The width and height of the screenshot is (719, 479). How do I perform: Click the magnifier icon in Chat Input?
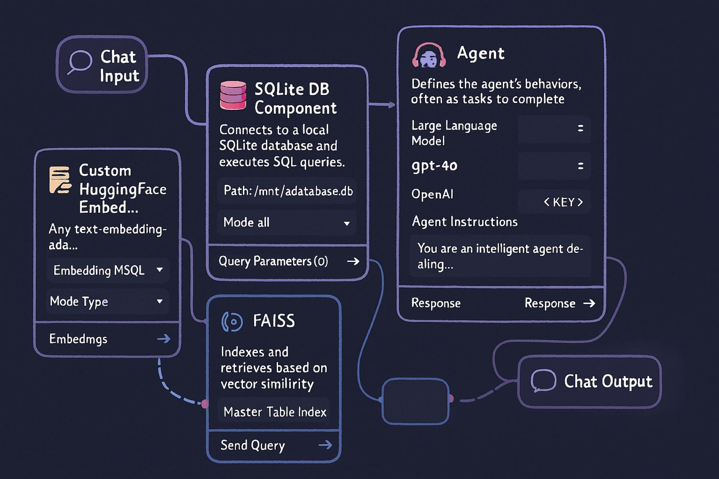pos(79,62)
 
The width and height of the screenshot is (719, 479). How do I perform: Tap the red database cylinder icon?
pos(233,95)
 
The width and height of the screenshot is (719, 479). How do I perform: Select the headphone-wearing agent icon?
pos(429,56)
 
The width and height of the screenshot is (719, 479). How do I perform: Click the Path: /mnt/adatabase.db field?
pos(288,191)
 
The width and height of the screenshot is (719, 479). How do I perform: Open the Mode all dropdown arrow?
pos(346,223)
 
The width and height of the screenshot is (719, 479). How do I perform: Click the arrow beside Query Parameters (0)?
pos(353,261)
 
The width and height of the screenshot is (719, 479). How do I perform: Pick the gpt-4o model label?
pos(434,165)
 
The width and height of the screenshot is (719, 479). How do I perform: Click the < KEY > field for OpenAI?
pos(563,202)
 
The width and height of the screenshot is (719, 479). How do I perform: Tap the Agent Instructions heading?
pos(464,222)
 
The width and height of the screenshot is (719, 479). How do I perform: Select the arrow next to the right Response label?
pos(589,303)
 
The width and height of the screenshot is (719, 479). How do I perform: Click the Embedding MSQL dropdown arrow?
pos(160,270)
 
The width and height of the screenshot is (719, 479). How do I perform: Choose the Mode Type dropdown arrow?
pos(160,301)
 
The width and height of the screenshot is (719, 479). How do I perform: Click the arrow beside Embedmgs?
pos(163,339)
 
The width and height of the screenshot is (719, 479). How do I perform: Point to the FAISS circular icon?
pos(232,322)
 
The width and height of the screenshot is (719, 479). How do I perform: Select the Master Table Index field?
pos(274,412)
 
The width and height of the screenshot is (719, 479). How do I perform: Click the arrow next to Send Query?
pos(325,445)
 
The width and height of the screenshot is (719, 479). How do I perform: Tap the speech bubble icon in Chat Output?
pos(543,380)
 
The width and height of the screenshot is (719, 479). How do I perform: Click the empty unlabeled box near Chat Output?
pos(415,401)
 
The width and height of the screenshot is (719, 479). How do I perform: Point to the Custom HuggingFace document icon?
pos(60,180)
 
